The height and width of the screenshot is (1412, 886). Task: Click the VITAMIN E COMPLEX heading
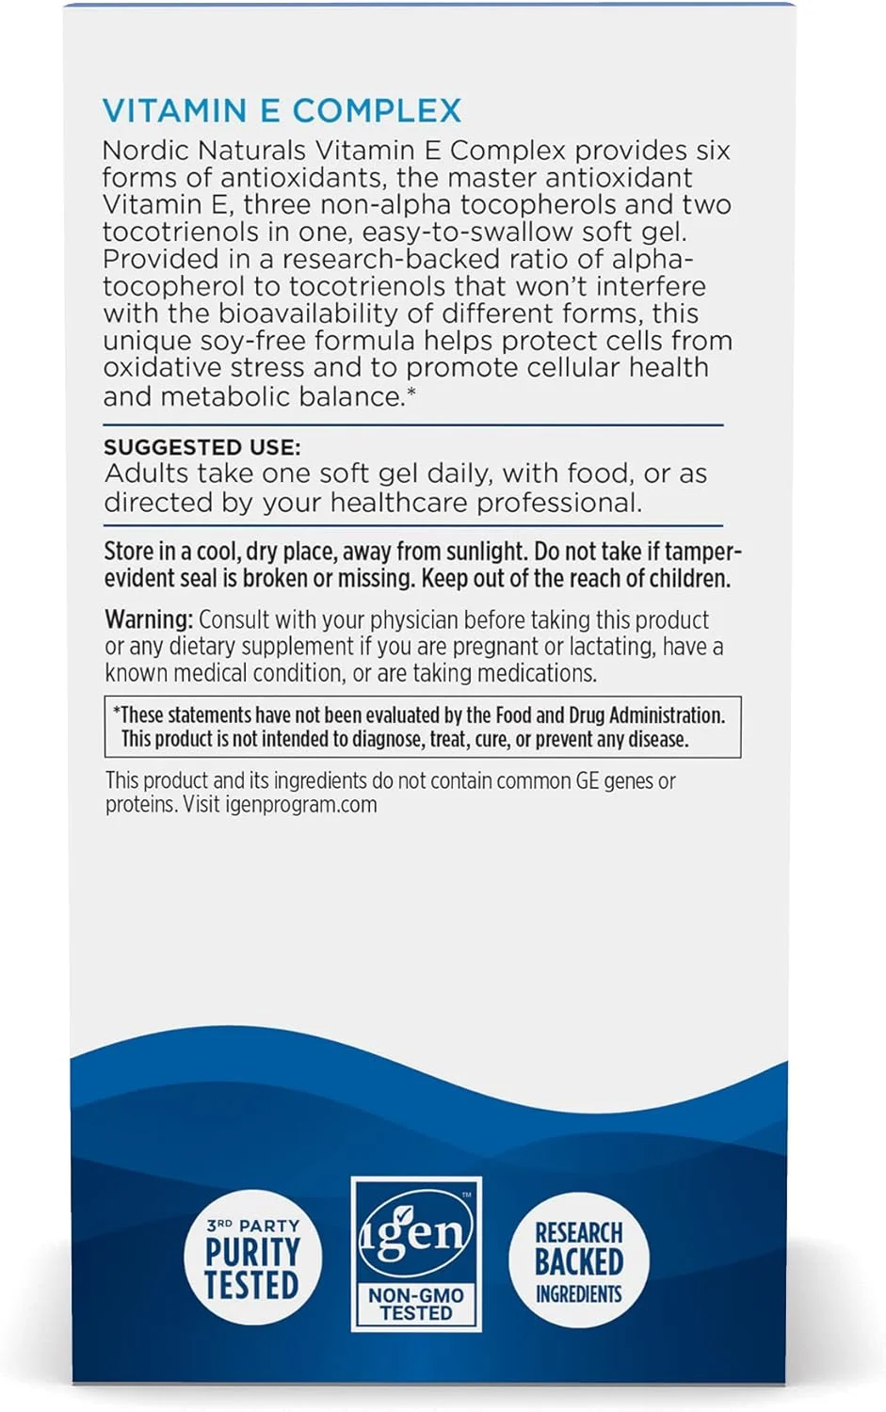coord(282,111)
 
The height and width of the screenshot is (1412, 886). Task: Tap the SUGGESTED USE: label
coord(201,447)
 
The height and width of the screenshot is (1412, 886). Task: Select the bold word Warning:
coord(149,619)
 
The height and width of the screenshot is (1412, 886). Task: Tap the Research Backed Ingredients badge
coord(578,1260)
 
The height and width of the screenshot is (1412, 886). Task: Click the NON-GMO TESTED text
coord(416,1304)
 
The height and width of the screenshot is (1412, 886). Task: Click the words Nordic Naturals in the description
coord(204,151)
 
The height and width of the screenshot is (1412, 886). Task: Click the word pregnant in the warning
coord(495,647)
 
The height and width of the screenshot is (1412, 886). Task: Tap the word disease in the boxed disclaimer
coord(657,740)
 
